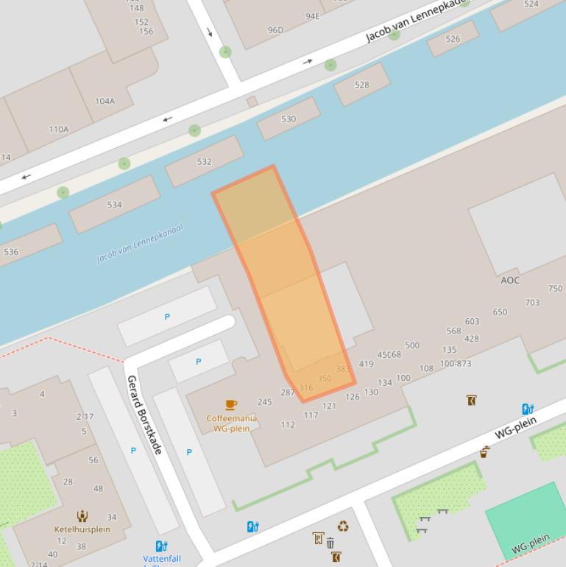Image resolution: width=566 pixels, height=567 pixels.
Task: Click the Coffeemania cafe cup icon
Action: (231, 404)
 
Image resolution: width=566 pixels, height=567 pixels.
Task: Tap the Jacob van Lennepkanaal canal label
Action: (140, 243)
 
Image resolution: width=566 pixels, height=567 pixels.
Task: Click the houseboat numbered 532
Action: (204, 161)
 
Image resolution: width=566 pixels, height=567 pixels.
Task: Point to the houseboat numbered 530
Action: (289, 119)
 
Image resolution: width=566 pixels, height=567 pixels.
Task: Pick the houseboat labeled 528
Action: (361, 85)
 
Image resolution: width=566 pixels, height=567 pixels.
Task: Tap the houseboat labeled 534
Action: (114, 205)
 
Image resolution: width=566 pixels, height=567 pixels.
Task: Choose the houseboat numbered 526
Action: (453, 39)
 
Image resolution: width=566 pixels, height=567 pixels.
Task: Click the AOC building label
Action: (510, 280)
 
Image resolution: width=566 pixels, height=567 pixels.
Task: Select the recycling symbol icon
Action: (343, 526)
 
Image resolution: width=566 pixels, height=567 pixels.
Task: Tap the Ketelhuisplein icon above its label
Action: (82, 517)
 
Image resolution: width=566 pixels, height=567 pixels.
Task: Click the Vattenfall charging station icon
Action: (161, 546)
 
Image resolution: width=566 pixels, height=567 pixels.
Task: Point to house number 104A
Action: (105, 101)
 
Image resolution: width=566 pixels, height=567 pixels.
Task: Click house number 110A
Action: (59, 129)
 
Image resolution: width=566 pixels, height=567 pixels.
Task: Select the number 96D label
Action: (275, 30)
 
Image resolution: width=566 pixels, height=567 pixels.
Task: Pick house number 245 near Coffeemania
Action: (265, 402)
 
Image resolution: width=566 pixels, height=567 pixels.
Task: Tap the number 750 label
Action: (555, 289)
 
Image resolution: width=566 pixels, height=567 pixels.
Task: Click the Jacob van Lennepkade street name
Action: (416, 21)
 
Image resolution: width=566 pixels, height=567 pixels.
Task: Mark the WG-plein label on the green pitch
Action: (530, 543)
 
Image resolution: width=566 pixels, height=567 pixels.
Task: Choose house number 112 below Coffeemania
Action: (288, 425)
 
